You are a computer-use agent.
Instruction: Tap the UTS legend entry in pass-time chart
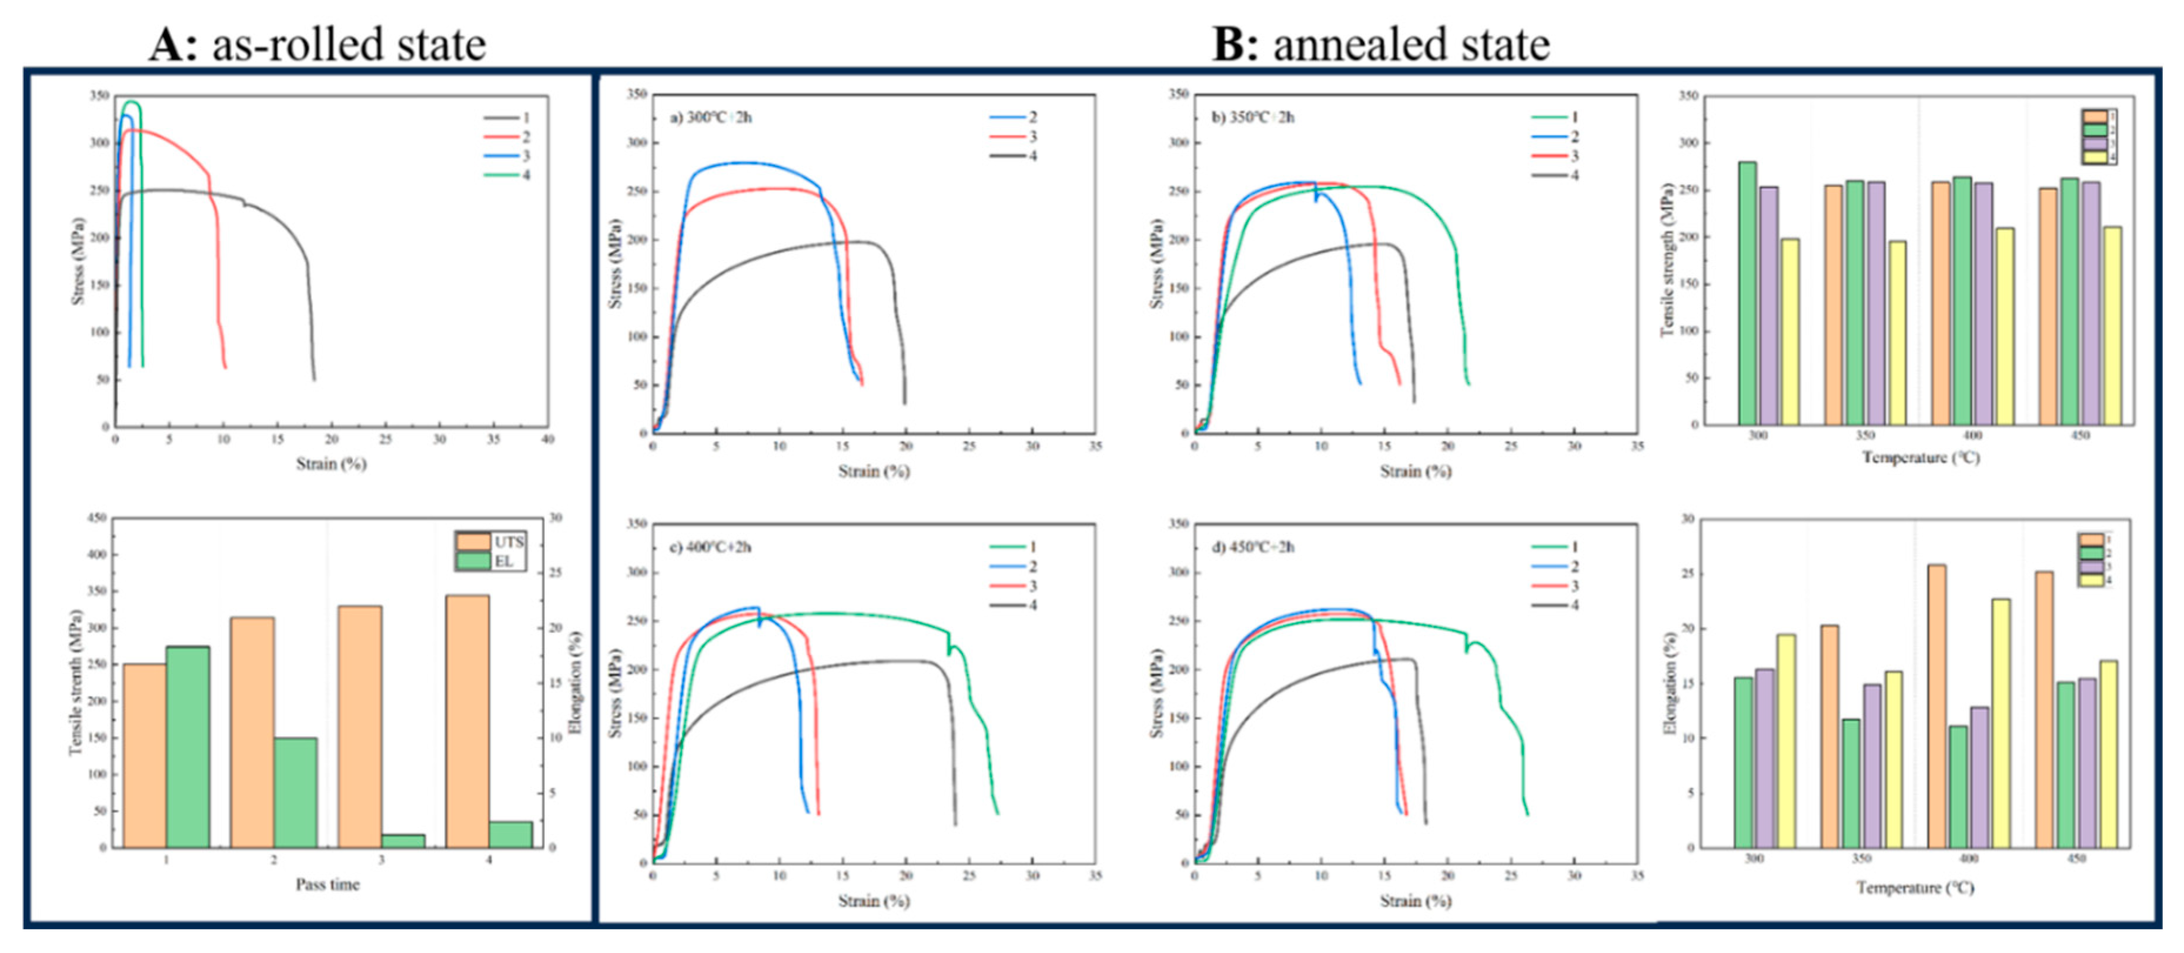[x=491, y=542]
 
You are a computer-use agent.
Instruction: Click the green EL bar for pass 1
[x=188, y=746]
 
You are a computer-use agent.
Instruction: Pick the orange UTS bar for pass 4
[x=467, y=721]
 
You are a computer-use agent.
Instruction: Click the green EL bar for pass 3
[x=403, y=840]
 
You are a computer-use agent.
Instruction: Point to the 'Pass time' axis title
[x=327, y=884]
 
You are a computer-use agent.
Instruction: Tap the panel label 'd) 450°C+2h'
[x=1253, y=547]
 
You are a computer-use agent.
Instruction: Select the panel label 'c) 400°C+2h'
[x=711, y=547]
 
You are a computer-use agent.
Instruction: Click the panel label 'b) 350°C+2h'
[x=1253, y=117]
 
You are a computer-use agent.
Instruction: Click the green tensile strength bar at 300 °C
[x=1747, y=293]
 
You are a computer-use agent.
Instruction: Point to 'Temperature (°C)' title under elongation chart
[x=1915, y=888]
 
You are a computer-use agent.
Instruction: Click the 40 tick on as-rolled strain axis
[x=548, y=439]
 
